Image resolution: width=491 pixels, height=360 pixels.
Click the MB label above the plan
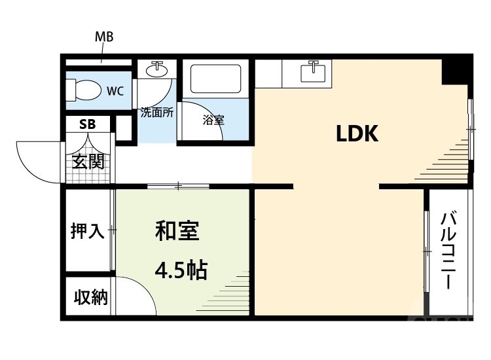click(x=105, y=37)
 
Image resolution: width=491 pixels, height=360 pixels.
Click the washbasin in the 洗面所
click(x=157, y=69)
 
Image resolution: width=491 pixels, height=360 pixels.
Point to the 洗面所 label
click(x=157, y=112)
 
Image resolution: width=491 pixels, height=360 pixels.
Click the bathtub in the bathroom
click(x=215, y=80)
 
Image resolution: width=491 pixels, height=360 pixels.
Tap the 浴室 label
click(x=213, y=120)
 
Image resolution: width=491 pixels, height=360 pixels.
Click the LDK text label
click(x=357, y=134)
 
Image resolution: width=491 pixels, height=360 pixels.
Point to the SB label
click(x=87, y=124)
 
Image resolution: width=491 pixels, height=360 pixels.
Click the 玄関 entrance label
click(x=88, y=161)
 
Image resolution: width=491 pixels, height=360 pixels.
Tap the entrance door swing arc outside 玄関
click(x=36, y=160)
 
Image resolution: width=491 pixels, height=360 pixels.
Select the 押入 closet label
click(x=88, y=231)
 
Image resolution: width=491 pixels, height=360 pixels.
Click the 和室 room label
click(x=177, y=230)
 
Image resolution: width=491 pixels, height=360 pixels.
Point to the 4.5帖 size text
click(x=181, y=269)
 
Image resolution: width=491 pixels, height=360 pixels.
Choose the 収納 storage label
click(x=90, y=298)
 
